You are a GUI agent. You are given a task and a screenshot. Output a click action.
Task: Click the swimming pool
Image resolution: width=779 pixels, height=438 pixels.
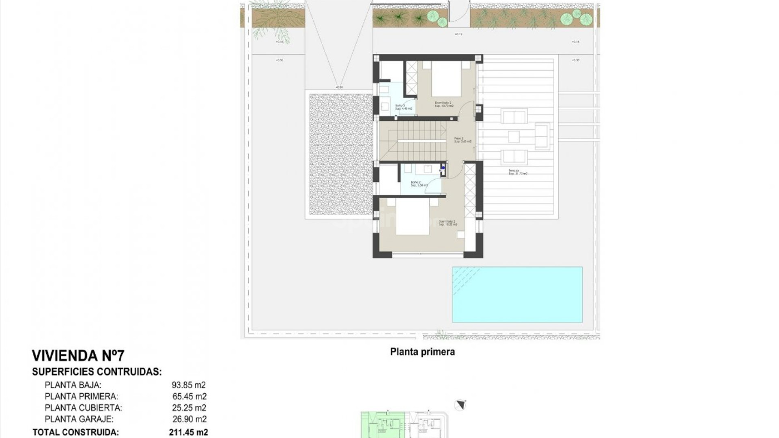coord(517,294)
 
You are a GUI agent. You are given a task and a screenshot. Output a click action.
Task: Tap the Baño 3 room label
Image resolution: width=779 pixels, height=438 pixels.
coord(403,107)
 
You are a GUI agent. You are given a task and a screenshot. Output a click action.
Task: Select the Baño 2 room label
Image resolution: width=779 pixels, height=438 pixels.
coord(419,184)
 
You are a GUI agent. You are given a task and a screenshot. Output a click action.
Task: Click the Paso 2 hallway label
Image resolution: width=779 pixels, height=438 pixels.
coord(463,140)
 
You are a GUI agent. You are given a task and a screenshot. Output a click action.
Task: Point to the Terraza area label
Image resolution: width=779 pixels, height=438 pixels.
coord(518,172)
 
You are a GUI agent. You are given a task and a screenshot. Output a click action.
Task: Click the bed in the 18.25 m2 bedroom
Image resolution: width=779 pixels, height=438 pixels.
coord(412,217)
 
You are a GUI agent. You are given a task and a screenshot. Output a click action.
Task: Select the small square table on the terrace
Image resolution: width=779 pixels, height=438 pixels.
coord(514,137)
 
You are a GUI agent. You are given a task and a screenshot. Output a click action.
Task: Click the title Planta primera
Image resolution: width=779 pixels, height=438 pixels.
coord(422,352)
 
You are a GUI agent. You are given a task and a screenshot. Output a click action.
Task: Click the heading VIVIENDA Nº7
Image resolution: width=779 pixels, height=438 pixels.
coord(78,356)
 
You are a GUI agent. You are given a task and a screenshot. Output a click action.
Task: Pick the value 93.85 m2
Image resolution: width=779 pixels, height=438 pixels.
coord(189,385)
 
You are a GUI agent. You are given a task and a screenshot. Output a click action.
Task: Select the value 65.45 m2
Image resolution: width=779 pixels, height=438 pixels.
coord(189,396)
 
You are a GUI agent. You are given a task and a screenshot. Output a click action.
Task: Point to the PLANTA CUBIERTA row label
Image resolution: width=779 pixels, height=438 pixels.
coord(83,408)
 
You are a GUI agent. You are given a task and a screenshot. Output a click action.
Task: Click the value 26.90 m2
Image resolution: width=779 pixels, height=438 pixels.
coord(189,419)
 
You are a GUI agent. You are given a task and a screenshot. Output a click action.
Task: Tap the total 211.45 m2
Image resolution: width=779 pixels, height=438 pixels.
coord(188,432)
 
